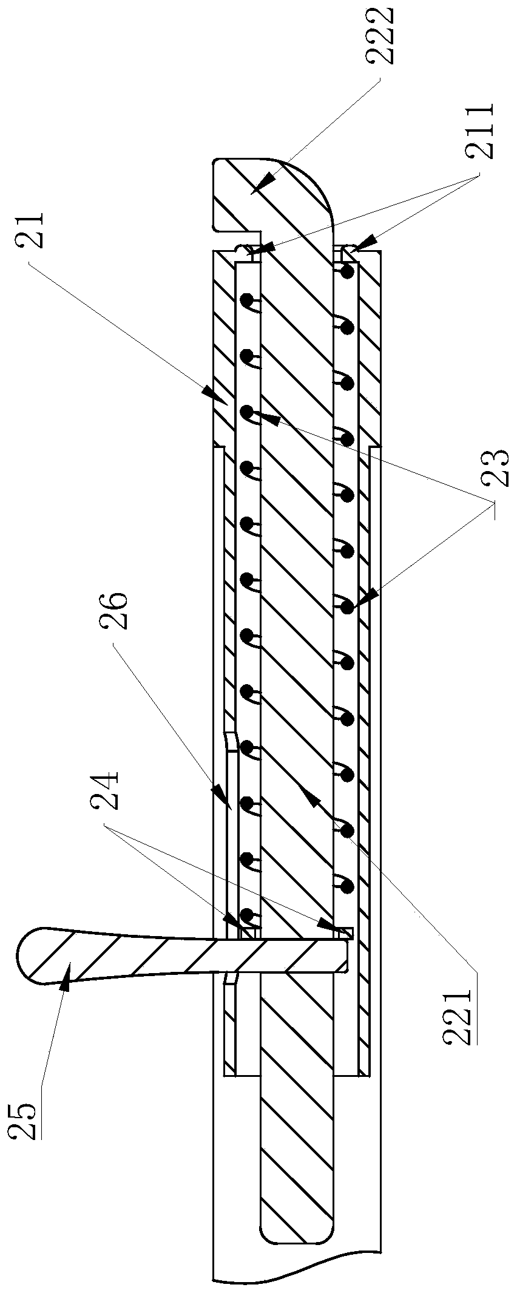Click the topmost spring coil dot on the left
pyautogui.click(x=247, y=300)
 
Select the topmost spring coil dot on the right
pyautogui.click(x=347, y=273)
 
